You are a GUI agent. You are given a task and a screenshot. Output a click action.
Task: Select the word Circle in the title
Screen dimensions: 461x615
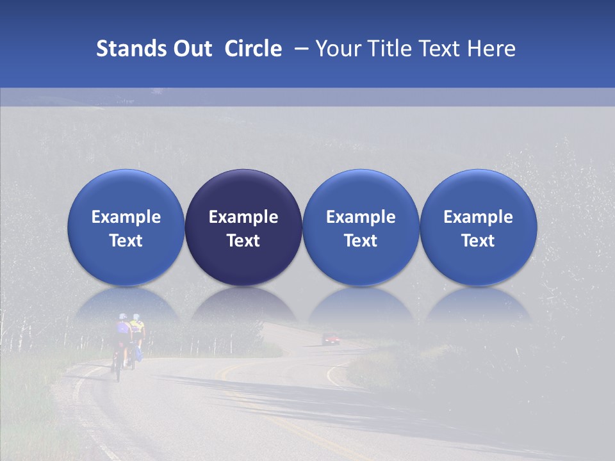253,49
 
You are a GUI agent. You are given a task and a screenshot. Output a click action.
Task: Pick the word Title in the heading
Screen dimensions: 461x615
386,49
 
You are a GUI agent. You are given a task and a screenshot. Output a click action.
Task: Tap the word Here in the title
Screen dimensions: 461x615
491,49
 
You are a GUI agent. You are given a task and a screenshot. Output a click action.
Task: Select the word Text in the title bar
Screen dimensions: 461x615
437,49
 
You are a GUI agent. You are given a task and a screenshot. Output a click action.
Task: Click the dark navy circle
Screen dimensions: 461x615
243,227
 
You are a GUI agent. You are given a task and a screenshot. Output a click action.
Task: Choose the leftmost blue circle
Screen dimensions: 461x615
126,227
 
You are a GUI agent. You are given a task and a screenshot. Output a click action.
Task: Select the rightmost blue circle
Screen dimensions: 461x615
479,227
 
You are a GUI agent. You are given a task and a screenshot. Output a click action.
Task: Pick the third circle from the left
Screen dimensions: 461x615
361,227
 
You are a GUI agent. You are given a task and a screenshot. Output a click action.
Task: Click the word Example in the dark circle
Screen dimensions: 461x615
243,217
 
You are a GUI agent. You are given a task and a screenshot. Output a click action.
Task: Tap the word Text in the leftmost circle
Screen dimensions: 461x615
126,241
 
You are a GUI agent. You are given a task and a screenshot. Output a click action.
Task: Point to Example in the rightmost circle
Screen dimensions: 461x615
479,217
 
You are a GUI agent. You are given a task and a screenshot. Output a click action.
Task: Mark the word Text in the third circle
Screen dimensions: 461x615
361,241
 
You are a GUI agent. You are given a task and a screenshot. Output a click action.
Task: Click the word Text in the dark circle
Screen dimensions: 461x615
243,241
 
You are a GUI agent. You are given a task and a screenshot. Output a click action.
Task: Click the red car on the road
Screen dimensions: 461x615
331,339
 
